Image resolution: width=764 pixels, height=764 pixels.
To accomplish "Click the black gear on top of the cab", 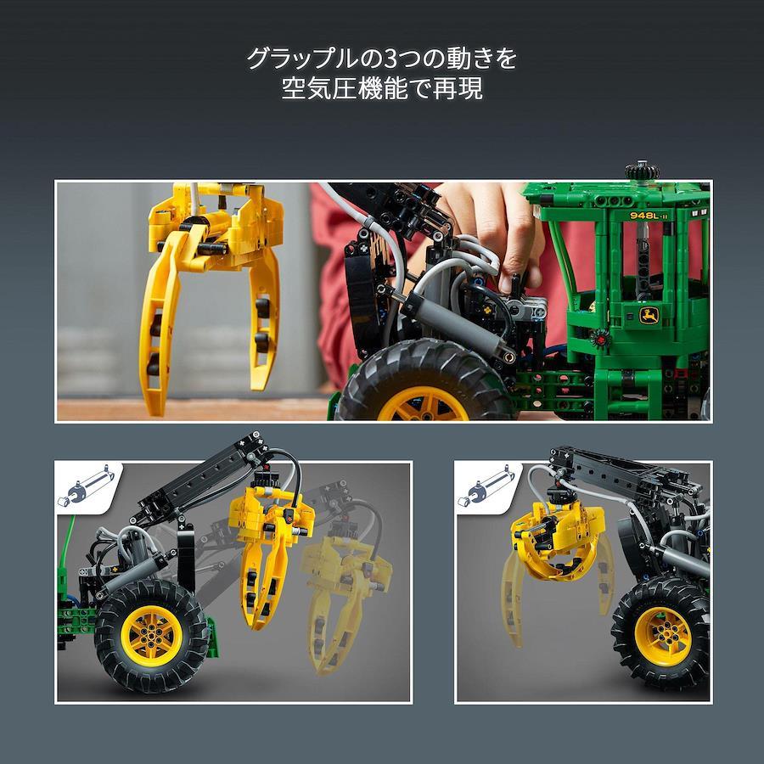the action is point(643,171).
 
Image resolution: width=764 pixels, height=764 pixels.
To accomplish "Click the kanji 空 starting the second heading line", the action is point(295,88).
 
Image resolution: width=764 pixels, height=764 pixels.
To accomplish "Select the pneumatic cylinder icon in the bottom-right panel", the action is point(486,487).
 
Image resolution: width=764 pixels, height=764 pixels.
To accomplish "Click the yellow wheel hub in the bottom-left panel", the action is point(152,635).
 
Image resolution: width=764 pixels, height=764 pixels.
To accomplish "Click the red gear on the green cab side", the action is point(600,337).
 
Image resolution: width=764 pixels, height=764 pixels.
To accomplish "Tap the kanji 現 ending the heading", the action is point(469,88).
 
